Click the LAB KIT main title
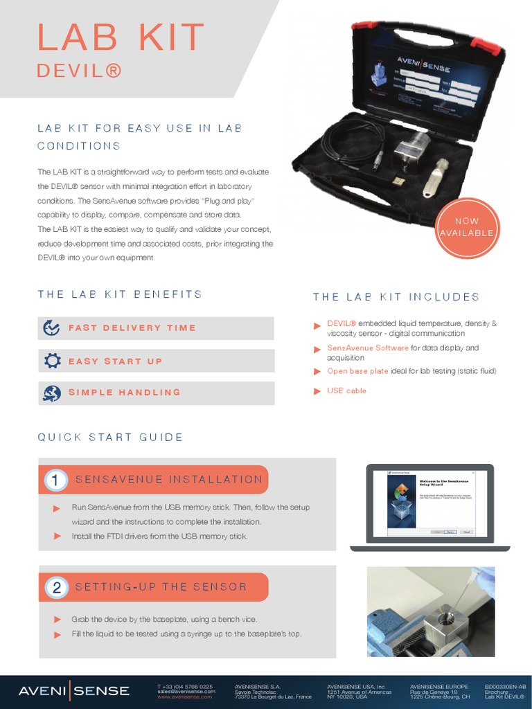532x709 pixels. (121, 37)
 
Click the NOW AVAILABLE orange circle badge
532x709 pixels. (467, 227)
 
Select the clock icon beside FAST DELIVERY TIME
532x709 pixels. (51, 327)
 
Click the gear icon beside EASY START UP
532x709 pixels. (52, 361)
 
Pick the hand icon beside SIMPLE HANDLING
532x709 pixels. (51, 393)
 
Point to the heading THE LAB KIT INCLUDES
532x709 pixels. (396, 297)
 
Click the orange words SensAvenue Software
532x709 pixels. (367, 348)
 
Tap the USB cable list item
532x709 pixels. (346, 391)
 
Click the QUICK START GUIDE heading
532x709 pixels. (110, 437)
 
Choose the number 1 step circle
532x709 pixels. (56, 480)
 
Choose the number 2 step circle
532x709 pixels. (56, 588)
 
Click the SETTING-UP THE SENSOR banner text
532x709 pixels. (161, 587)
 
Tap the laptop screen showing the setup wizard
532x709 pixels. (429, 503)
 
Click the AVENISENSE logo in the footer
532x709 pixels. (73, 690)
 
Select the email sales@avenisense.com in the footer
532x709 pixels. (186, 691)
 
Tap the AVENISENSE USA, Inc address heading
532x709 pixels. (355, 686)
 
